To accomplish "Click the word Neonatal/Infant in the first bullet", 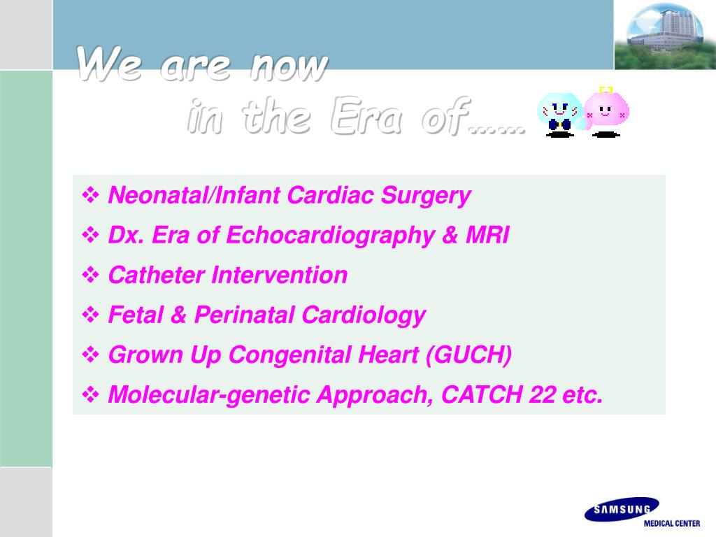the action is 194,196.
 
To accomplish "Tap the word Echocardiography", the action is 330,236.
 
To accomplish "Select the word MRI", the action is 487,235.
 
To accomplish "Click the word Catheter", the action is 156,275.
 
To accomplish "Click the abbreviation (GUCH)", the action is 468,355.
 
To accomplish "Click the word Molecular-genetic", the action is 209,396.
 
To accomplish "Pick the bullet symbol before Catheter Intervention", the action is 90,275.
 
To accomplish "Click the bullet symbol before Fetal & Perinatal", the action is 90,315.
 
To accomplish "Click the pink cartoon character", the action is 606,113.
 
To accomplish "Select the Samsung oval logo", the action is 622,509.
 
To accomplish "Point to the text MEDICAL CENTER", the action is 672,523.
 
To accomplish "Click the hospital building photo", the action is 665,35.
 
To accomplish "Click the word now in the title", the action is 289,65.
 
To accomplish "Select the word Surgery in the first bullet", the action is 426,196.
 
